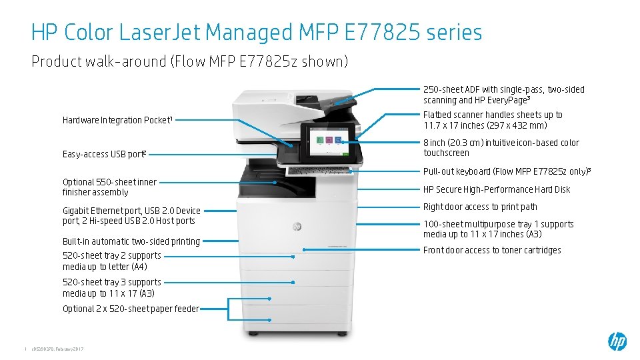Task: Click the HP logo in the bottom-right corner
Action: tap(617, 341)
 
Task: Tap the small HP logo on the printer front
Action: tap(297, 227)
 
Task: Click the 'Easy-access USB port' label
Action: tap(104, 154)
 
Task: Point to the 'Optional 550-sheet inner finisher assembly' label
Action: tap(109, 187)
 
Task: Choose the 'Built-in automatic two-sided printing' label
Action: tap(131, 241)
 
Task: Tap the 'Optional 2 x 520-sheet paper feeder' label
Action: tap(131, 309)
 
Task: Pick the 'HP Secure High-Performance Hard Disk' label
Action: tap(497, 189)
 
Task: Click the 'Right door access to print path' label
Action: tap(480, 207)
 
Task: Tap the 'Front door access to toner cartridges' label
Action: tap(492, 250)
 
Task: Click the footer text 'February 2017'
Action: tap(69, 350)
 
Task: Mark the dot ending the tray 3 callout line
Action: tap(293, 282)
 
